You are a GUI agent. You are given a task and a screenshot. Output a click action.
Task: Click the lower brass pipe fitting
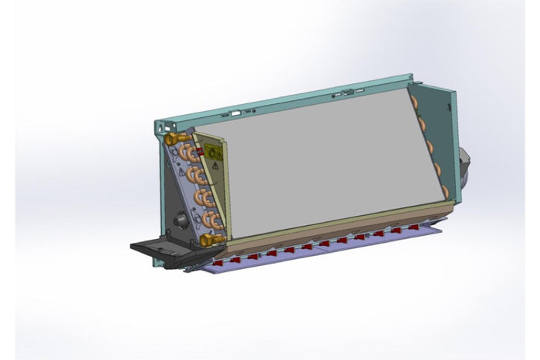206,241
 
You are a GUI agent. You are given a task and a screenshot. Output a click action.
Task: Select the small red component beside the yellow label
202,153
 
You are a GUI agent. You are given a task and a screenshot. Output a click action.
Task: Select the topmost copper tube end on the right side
414,101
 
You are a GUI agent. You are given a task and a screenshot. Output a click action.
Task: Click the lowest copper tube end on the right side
443,185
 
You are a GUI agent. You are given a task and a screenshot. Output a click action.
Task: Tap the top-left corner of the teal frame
157,124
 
